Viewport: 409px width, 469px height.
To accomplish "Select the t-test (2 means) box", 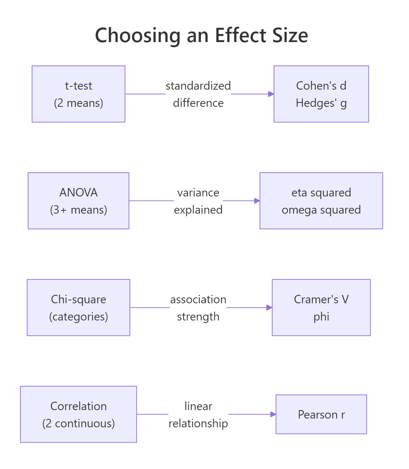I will pos(78,94).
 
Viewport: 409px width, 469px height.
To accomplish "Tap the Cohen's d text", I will pos(321,86).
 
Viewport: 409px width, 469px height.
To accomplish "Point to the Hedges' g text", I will pos(321,103).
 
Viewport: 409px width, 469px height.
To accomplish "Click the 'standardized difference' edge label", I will pos(198,94).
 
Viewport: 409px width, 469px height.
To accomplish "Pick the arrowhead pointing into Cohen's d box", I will pos(271,94).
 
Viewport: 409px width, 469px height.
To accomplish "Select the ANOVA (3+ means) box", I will pos(78,201).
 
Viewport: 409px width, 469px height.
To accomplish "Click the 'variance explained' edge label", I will pos(198,201).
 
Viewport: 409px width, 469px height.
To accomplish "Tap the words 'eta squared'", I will pos(321,192).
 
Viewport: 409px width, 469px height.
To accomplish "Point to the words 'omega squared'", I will pos(321,210).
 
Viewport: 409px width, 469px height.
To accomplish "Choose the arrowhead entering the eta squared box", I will pos(257,201).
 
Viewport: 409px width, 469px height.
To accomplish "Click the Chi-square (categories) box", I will pos(78,308).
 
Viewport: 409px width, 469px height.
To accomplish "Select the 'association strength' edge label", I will pos(198,308).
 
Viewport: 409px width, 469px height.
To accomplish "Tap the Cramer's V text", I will pos(321,299).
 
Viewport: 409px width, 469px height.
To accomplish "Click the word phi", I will pos(321,317).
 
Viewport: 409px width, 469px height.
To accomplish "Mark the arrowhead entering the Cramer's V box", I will pos(269,308).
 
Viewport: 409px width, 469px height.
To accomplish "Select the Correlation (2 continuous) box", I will pos(78,414).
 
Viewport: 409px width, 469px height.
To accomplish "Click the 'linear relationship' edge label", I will pos(198,415).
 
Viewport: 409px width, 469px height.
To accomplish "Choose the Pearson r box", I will pos(321,414).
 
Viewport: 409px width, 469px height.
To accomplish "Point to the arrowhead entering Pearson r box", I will pos(273,414).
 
